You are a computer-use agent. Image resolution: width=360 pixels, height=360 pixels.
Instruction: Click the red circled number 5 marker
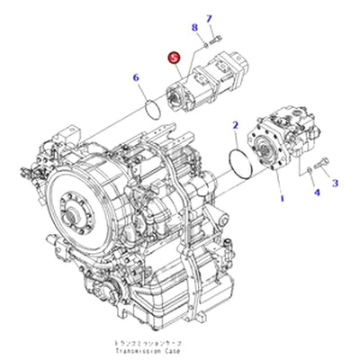[x=174, y=58]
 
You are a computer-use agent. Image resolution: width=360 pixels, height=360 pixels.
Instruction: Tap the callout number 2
[x=336, y=183]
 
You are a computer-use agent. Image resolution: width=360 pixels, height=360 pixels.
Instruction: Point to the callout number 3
[x=316, y=192]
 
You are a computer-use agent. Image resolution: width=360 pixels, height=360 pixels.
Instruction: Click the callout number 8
[x=193, y=29]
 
